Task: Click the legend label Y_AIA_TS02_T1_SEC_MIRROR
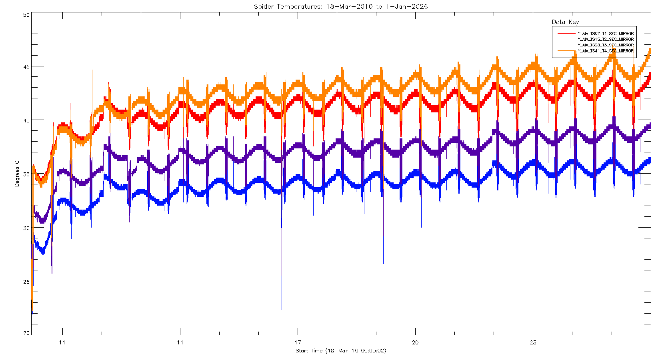tap(606, 34)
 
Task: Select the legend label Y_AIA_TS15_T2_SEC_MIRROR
tap(606, 39)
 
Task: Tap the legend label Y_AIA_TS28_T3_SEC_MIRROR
tap(606, 45)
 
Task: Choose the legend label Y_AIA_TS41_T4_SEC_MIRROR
tap(606, 51)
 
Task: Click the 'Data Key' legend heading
tap(565, 22)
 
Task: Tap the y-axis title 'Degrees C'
tap(17, 174)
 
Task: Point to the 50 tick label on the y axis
tap(26, 15)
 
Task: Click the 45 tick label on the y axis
tap(26, 66)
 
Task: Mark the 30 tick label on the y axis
tap(26, 228)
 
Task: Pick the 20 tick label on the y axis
tap(26, 333)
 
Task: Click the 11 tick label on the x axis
tap(62, 342)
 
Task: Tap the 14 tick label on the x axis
tap(180, 342)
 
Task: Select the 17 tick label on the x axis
tap(298, 342)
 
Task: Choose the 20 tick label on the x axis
tap(415, 342)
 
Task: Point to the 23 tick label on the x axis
tap(533, 342)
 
